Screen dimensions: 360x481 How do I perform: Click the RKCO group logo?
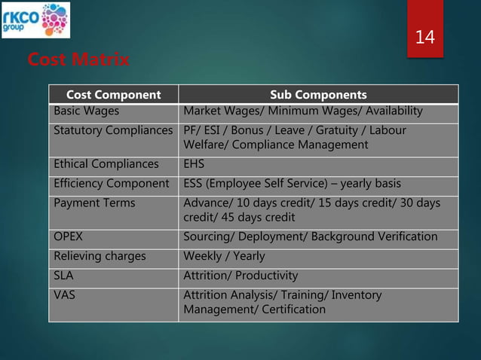(x=36, y=20)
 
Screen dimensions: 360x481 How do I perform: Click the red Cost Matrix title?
(x=77, y=59)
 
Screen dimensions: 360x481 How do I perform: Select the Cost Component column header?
(x=113, y=95)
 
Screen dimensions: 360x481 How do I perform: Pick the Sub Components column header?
(x=318, y=95)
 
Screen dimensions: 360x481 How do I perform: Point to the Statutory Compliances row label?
(x=113, y=131)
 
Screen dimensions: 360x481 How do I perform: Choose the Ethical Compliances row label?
(x=106, y=163)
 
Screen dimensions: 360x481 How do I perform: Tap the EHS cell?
(x=195, y=163)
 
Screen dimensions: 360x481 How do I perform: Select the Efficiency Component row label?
(x=111, y=183)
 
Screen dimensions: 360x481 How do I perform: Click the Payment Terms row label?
(x=94, y=203)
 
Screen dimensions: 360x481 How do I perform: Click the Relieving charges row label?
(x=99, y=256)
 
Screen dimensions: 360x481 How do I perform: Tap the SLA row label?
(x=63, y=276)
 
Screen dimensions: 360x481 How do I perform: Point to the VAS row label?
(x=64, y=295)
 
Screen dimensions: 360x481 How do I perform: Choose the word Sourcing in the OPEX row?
(x=209, y=236)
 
